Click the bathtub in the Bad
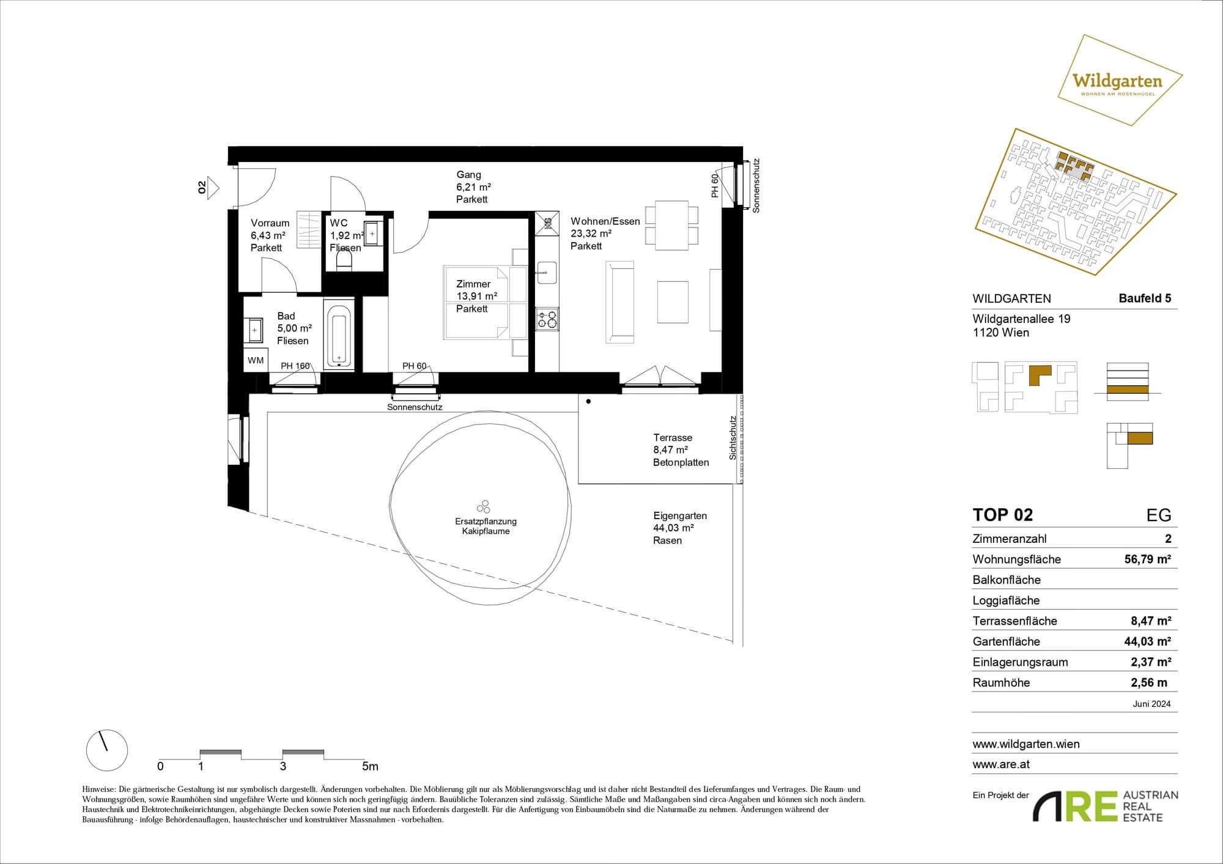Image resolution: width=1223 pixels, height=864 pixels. click(x=339, y=334)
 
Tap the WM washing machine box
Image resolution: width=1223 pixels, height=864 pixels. click(x=256, y=360)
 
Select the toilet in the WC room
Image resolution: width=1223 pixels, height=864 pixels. click(x=345, y=260)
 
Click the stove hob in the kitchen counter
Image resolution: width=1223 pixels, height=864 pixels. click(x=547, y=319)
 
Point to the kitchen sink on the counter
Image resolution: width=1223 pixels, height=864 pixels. click(x=547, y=273)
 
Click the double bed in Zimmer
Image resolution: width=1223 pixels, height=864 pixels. click(x=486, y=301)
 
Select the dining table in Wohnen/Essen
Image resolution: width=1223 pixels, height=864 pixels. click(x=672, y=225)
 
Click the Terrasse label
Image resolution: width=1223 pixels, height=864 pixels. click(x=673, y=438)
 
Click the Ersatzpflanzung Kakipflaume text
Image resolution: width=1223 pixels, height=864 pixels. click(x=486, y=526)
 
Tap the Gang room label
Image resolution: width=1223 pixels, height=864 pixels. click(x=469, y=175)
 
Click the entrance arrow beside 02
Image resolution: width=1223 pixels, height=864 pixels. click(x=213, y=188)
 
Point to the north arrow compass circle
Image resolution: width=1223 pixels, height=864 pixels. click(x=107, y=750)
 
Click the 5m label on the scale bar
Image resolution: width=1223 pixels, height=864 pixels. click(x=370, y=766)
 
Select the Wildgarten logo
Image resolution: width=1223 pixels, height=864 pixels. click(x=1120, y=80)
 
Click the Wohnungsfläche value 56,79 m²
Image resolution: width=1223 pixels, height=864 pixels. click(x=1148, y=559)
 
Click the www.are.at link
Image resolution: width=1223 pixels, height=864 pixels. click(x=1001, y=764)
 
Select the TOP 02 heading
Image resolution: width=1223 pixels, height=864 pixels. click(x=1003, y=515)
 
